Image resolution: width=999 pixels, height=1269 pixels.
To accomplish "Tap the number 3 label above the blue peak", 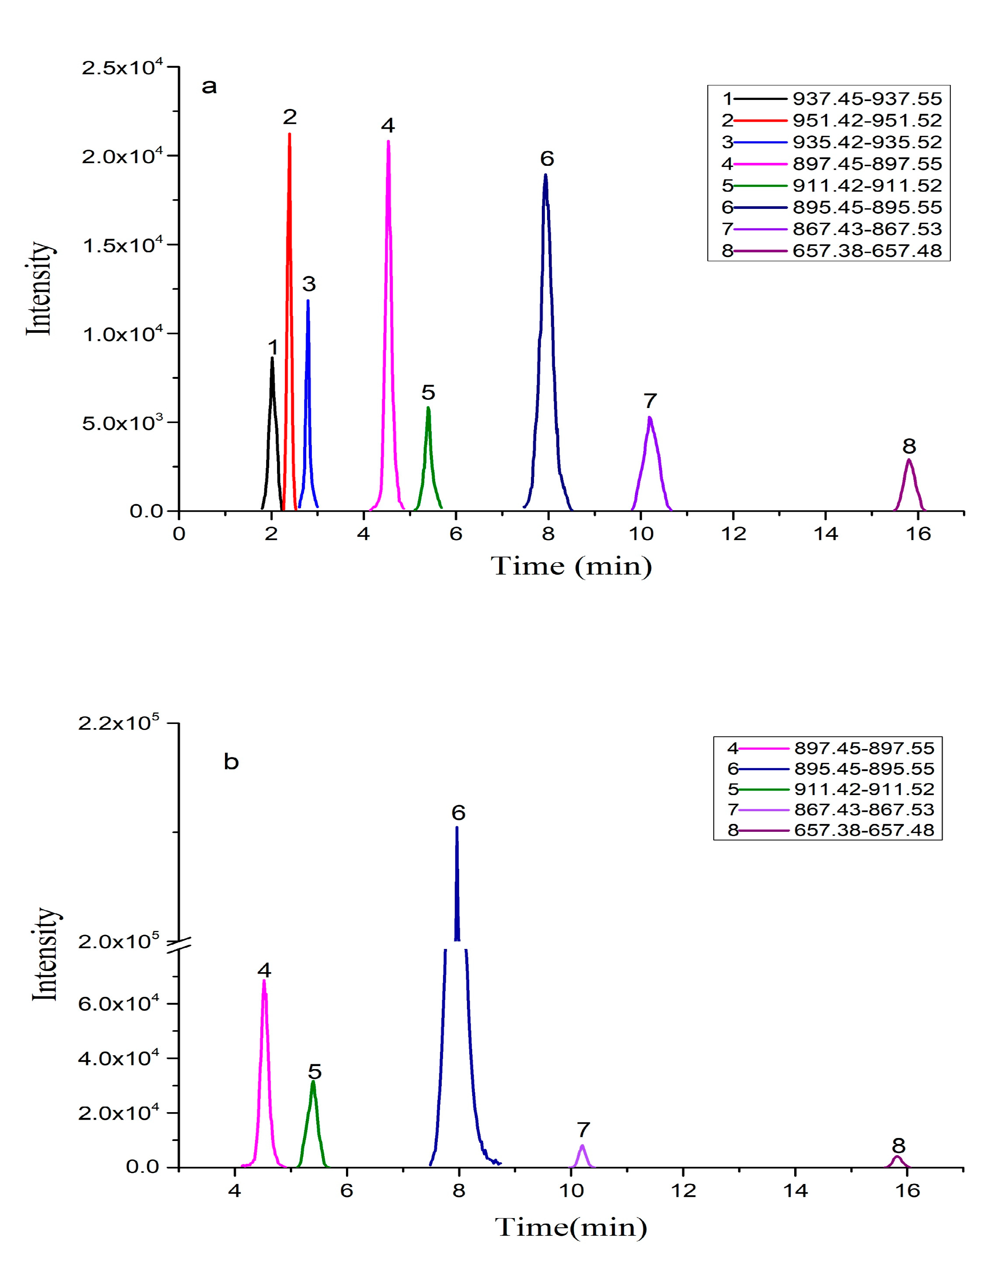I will (x=309, y=284).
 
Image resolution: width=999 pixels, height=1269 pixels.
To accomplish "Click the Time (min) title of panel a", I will (x=571, y=566).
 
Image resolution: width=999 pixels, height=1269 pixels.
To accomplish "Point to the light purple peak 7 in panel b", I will (x=582, y=1153).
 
